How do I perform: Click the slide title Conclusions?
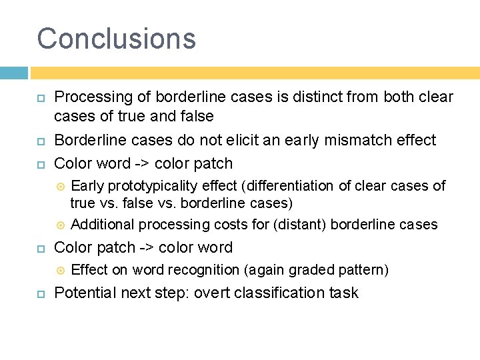point(117,38)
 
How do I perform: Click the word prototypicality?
point(153,186)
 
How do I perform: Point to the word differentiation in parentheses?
point(291,186)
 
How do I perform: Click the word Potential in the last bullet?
point(83,293)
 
